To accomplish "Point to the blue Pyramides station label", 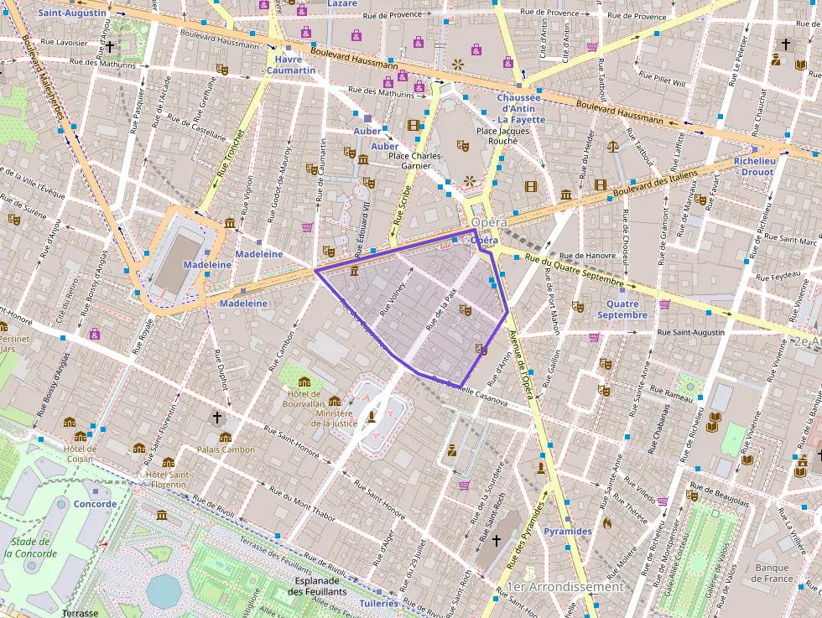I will [567, 532].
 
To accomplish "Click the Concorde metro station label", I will [95, 504].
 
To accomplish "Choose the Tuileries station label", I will [378, 603].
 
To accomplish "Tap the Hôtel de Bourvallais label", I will [304, 399].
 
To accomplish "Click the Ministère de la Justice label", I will [335, 418].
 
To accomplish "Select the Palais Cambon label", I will [226, 449].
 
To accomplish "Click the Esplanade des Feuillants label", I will [317, 585].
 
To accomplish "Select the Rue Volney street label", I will [393, 299].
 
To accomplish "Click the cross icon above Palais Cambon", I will [217, 417].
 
